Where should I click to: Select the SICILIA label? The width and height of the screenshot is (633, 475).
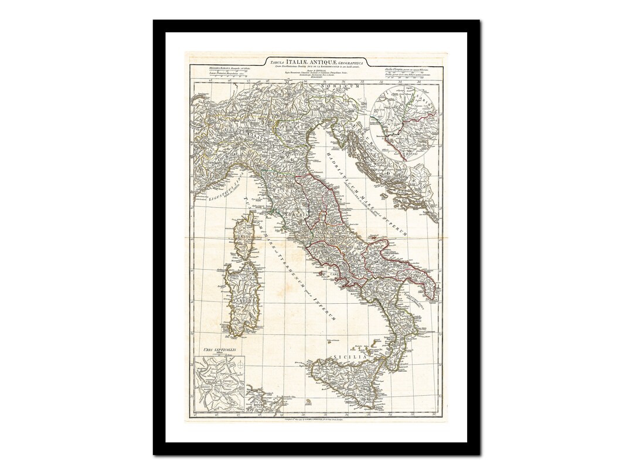(x=350, y=357)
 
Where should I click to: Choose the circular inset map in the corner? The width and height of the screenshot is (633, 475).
(x=404, y=122)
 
